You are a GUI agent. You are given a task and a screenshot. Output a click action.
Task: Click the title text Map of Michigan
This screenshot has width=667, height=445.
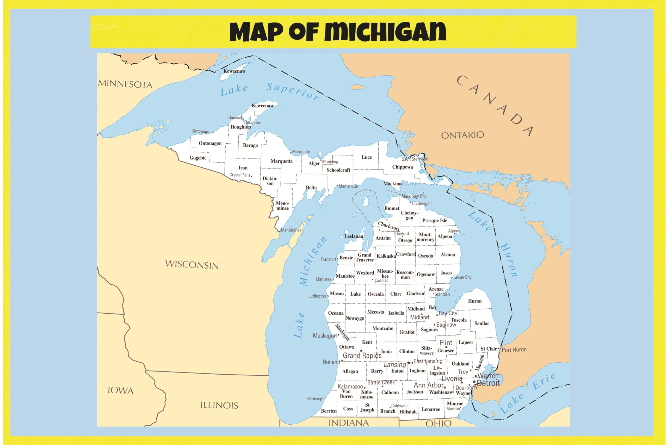tap(337, 32)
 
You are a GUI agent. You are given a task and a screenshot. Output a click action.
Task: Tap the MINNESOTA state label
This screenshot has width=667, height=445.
tap(125, 84)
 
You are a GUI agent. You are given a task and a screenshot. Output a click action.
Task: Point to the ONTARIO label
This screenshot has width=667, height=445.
tap(462, 135)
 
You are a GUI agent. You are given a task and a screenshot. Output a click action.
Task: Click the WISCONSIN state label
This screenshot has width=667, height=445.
tap(192, 265)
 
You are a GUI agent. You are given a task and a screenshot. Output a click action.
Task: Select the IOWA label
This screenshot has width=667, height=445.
tap(121, 391)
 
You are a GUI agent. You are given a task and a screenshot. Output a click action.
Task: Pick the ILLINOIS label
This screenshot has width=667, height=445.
tap(219, 405)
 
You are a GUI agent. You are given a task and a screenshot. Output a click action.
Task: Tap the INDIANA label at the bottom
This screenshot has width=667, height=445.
tap(349, 423)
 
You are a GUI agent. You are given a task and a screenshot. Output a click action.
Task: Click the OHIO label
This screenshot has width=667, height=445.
tap(439, 424)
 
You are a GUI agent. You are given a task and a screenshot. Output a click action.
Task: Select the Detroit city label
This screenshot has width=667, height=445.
tap(488, 383)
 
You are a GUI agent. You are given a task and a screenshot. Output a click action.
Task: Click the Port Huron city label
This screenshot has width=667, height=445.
tap(514, 350)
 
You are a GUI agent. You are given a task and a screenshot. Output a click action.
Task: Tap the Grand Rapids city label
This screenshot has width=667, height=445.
tap(362, 356)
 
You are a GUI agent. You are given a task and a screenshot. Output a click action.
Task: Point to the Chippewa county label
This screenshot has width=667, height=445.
tap(402, 167)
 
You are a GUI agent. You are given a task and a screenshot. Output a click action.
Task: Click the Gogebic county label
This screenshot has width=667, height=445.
tap(198, 158)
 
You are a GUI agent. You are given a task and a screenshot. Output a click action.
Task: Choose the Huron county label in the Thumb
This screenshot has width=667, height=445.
tap(475, 301)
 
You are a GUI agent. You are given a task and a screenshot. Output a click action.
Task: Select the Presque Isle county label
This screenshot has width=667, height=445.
tap(434, 221)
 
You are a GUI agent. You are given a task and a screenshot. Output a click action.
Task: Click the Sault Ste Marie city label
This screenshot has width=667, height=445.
tap(415, 159)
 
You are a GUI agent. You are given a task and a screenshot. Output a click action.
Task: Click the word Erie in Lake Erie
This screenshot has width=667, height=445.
tap(544, 381)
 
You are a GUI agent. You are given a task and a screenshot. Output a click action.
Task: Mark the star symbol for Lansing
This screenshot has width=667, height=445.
tap(409, 363)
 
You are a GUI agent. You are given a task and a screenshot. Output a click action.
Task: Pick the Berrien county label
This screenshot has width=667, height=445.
tap(329, 411)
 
